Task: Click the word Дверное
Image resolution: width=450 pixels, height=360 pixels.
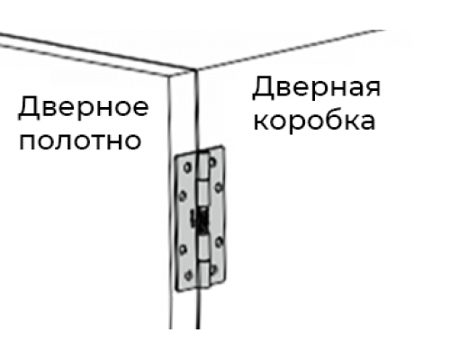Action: point(84,107)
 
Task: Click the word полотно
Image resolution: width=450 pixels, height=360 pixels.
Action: point(80,140)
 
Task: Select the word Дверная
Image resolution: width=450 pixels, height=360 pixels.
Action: point(317,87)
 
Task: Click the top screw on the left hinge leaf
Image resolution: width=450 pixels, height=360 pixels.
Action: point(188,167)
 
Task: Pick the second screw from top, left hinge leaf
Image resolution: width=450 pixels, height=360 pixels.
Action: point(183,196)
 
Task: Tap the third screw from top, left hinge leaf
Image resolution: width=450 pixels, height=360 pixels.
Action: point(183,249)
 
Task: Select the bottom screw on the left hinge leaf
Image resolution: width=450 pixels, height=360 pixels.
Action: point(188,275)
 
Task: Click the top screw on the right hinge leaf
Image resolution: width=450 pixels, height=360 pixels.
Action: point(212,163)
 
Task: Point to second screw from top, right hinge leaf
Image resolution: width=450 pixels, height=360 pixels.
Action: point(219,188)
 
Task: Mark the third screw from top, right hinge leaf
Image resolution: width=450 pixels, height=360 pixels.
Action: point(219,241)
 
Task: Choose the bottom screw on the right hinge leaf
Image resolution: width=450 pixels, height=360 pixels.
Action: point(213,269)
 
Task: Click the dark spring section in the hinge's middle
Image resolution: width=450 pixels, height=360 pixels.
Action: point(202,221)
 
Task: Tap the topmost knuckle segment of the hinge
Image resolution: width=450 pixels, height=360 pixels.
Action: point(203,166)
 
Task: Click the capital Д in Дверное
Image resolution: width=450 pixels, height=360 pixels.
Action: point(29,108)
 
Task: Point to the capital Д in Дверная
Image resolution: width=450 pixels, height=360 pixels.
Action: point(263,88)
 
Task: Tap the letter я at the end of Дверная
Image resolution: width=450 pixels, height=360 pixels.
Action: point(373,88)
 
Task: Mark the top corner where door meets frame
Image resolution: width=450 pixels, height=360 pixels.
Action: point(195,70)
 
